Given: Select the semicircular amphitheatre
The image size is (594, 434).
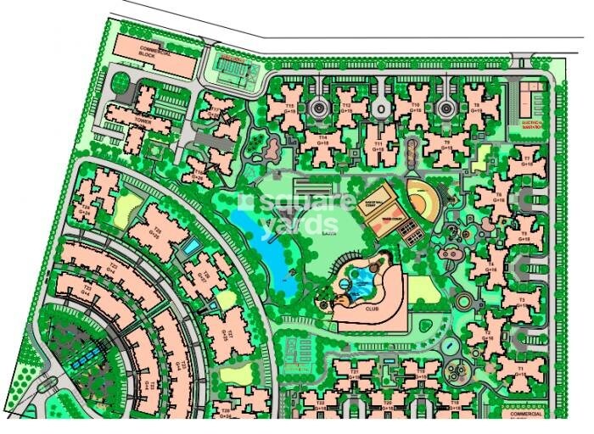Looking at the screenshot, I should (423, 197).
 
